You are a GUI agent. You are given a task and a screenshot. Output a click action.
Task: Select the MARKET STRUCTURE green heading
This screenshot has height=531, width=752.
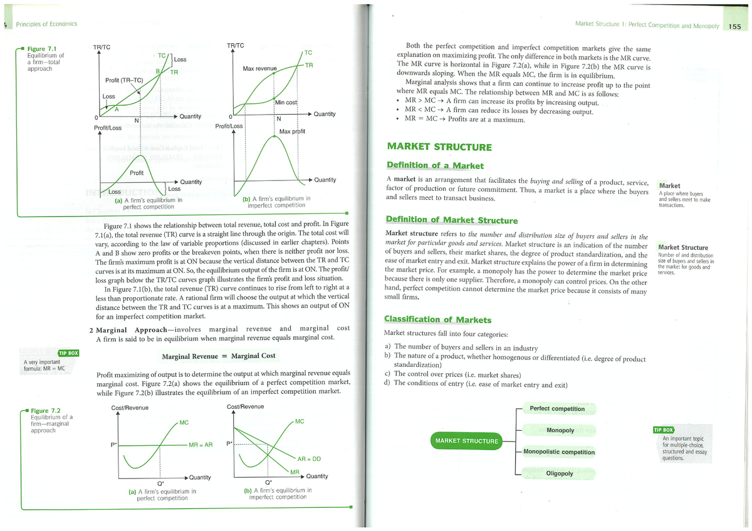[439, 147]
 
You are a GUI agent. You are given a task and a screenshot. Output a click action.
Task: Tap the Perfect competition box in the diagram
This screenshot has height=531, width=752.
[556, 409]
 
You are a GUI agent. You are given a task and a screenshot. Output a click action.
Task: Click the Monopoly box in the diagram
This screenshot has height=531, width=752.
[560, 431]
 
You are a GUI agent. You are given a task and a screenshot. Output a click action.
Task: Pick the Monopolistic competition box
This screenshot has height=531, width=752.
[558, 452]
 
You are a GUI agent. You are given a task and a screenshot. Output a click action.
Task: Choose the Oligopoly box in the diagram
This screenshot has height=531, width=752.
[560, 473]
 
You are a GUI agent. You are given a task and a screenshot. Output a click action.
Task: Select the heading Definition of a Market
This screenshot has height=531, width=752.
[435, 166]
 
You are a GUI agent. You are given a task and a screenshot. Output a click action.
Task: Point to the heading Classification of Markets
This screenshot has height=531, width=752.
[437, 320]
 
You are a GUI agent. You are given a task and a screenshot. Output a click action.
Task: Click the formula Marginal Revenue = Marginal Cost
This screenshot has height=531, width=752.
[218, 356]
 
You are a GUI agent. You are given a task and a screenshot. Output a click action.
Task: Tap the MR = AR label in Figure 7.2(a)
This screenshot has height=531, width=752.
[201, 445]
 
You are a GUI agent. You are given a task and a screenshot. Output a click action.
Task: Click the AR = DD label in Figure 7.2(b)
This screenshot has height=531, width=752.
[309, 459]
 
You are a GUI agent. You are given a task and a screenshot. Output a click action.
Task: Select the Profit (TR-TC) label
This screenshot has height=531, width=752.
[124, 80]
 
